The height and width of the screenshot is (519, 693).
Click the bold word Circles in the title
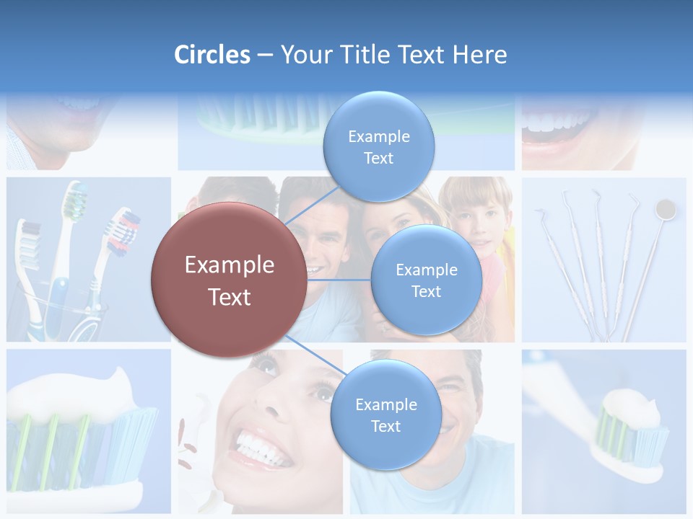[212, 55]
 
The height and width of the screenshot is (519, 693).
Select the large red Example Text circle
[230, 280]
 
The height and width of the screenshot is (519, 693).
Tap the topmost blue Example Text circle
[378, 147]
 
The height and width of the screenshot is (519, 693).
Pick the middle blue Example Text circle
[426, 280]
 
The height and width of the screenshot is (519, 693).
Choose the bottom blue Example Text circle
[385, 415]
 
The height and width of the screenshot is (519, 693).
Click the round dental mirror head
[664, 210]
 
